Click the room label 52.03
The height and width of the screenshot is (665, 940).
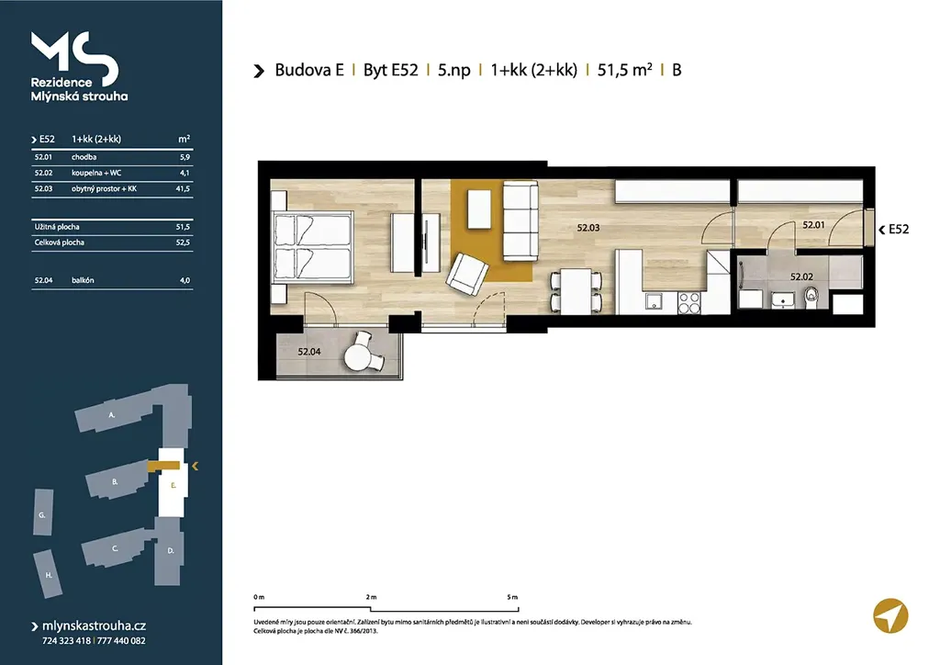tap(588, 228)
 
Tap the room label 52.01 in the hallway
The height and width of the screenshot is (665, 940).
tap(813, 225)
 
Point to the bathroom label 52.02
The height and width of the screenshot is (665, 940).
tap(801, 277)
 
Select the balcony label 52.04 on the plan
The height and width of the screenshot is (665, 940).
tap(308, 352)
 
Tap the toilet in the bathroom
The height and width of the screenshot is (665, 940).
tap(812, 298)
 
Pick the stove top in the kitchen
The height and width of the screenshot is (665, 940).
tap(688, 303)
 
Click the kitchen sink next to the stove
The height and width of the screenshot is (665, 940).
tap(654, 301)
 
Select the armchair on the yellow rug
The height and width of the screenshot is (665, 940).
tap(466, 275)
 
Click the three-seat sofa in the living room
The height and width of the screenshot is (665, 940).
tap(520, 221)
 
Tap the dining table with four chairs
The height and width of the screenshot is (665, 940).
tap(576, 291)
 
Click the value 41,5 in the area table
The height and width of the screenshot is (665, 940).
tap(183, 189)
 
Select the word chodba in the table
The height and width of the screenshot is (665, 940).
tap(84, 157)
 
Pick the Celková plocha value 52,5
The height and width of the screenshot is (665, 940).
tap(183, 242)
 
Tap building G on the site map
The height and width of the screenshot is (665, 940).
tap(42, 513)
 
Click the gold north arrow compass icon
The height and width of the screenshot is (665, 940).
tap(890, 615)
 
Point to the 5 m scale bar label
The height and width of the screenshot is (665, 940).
tap(512, 597)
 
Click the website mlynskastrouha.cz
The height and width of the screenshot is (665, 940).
tap(95, 626)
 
